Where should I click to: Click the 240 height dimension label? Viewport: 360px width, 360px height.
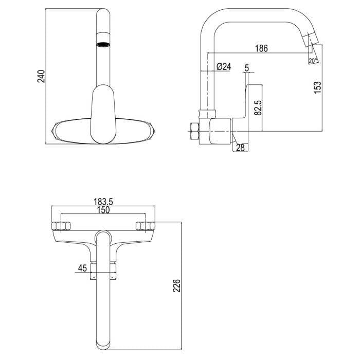(41, 76)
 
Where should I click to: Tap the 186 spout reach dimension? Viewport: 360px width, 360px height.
(261, 48)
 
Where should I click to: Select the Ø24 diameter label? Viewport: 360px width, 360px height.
(224, 66)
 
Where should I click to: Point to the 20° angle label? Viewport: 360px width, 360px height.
(313, 61)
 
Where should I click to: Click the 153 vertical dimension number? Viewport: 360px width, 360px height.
(317, 87)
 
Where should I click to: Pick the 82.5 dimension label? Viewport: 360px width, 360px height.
(258, 107)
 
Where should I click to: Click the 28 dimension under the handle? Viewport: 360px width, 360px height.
(240, 148)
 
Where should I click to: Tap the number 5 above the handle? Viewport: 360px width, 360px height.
(247, 68)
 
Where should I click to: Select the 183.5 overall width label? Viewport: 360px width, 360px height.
(103, 202)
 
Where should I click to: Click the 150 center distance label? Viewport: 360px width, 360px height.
(103, 210)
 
